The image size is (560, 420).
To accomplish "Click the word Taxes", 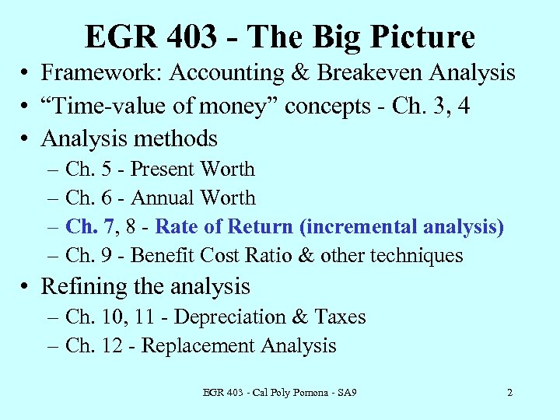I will [x=341, y=317].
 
